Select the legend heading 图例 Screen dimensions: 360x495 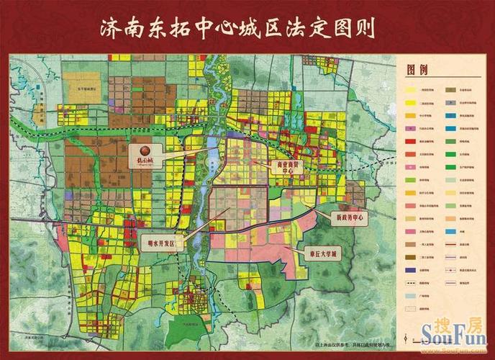click(x=418, y=71)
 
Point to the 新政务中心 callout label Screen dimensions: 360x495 click(x=348, y=216)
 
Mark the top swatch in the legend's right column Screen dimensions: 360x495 click(x=450, y=91)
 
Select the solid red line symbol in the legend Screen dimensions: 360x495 click(x=450, y=244)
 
